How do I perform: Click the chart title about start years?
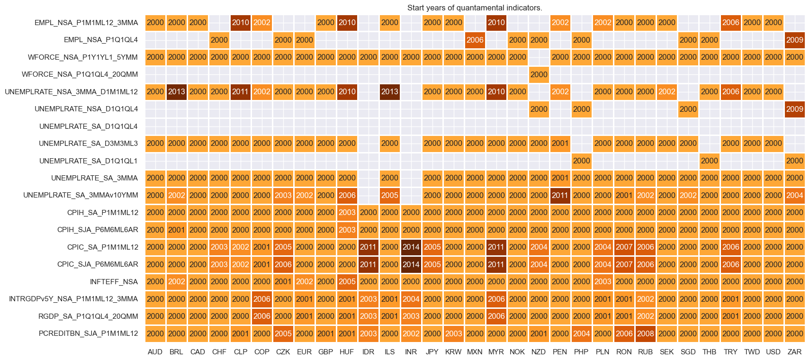click(x=475, y=8)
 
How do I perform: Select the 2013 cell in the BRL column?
click(x=176, y=91)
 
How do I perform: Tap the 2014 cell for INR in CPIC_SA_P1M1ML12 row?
click(x=411, y=247)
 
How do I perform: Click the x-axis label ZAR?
click(x=794, y=352)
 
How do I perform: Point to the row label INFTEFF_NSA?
click(x=114, y=282)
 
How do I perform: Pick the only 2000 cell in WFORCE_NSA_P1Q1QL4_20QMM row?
click(x=539, y=74)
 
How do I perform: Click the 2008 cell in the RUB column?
click(x=645, y=333)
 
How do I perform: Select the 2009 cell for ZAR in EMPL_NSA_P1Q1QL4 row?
click(x=794, y=40)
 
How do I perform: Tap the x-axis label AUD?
click(x=155, y=352)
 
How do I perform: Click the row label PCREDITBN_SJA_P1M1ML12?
click(x=88, y=333)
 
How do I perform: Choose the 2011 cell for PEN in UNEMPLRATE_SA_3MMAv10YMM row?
click(x=560, y=195)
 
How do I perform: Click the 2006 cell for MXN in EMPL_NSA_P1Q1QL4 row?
click(x=475, y=40)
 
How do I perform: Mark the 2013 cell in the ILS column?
click(x=389, y=91)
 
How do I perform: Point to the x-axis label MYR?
click(x=496, y=352)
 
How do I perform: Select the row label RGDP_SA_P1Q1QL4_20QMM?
click(x=88, y=316)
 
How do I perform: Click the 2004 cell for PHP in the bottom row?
click(x=581, y=333)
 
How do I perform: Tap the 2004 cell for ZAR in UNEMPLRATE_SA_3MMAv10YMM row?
click(x=794, y=195)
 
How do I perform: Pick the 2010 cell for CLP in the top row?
click(x=240, y=22)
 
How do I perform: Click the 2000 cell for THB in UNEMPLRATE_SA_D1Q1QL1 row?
click(x=709, y=161)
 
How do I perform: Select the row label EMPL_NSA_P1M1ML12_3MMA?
click(x=86, y=22)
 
